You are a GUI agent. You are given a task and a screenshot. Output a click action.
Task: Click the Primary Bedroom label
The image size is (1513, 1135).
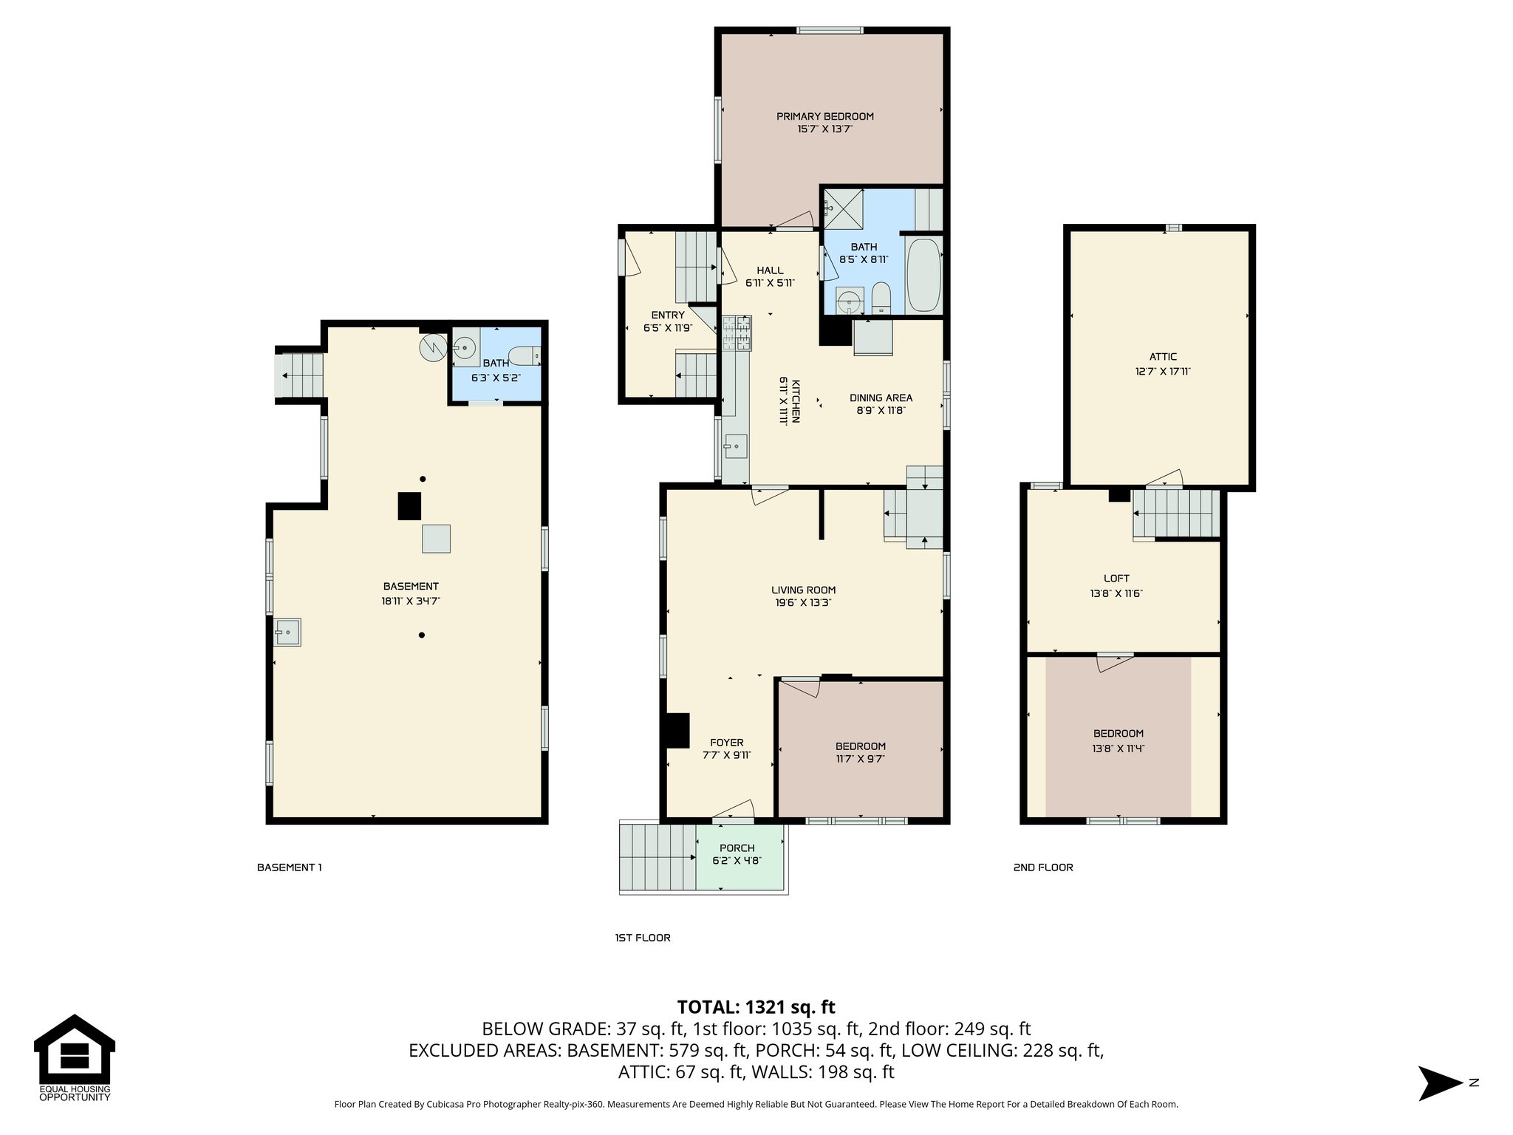click(x=824, y=116)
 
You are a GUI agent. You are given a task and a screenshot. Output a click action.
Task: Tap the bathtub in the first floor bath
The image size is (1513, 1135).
click(x=923, y=275)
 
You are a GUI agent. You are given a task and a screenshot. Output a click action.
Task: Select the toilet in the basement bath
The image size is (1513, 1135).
click(x=527, y=356)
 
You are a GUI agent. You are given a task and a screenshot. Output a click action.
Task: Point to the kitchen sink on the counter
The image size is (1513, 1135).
click(x=736, y=446)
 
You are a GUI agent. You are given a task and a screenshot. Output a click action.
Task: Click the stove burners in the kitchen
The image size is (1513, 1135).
click(x=737, y=333)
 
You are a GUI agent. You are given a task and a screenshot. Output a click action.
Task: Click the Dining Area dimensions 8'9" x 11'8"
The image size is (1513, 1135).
click(x=881, y=410)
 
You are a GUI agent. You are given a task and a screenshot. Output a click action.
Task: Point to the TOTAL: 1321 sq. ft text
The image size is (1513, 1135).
click(x=756, y=1007)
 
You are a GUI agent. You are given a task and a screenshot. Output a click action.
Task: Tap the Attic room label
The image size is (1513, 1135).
click(x=1163, y=357)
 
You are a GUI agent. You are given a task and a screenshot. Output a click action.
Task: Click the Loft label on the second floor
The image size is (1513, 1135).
click(x=1116, y=579)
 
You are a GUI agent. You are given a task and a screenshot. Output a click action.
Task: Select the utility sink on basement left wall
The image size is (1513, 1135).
click(x=287, y=632)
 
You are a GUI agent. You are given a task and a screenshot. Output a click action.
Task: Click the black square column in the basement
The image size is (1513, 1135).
click(x=409, y=506)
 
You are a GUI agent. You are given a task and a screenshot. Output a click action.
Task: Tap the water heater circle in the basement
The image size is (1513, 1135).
click(x=432, y=346)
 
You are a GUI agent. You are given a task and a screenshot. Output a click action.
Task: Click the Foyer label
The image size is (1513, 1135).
click(x=727, y=743)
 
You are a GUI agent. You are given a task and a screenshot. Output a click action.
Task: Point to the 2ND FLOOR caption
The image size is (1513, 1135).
click(x=1042, y=868)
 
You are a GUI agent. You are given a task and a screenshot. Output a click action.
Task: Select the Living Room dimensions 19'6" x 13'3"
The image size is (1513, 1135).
click(x=803, y=602)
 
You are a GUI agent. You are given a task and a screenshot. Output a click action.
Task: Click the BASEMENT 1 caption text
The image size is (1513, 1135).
click(x=289, y=868)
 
